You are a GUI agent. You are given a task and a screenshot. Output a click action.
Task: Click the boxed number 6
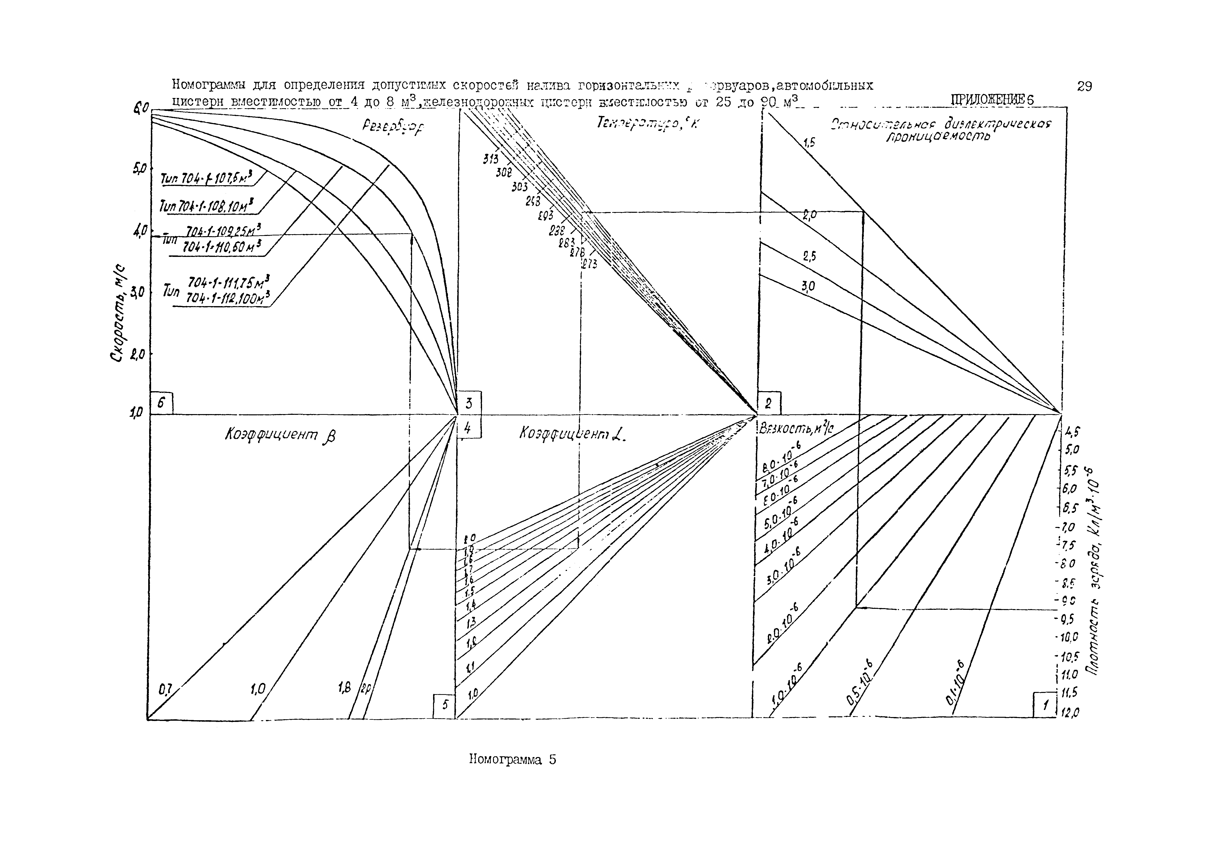pyautogui.click(x=162, y=403)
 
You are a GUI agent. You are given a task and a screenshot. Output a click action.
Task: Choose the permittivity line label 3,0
pyautogui.click(x=808, y=286)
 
